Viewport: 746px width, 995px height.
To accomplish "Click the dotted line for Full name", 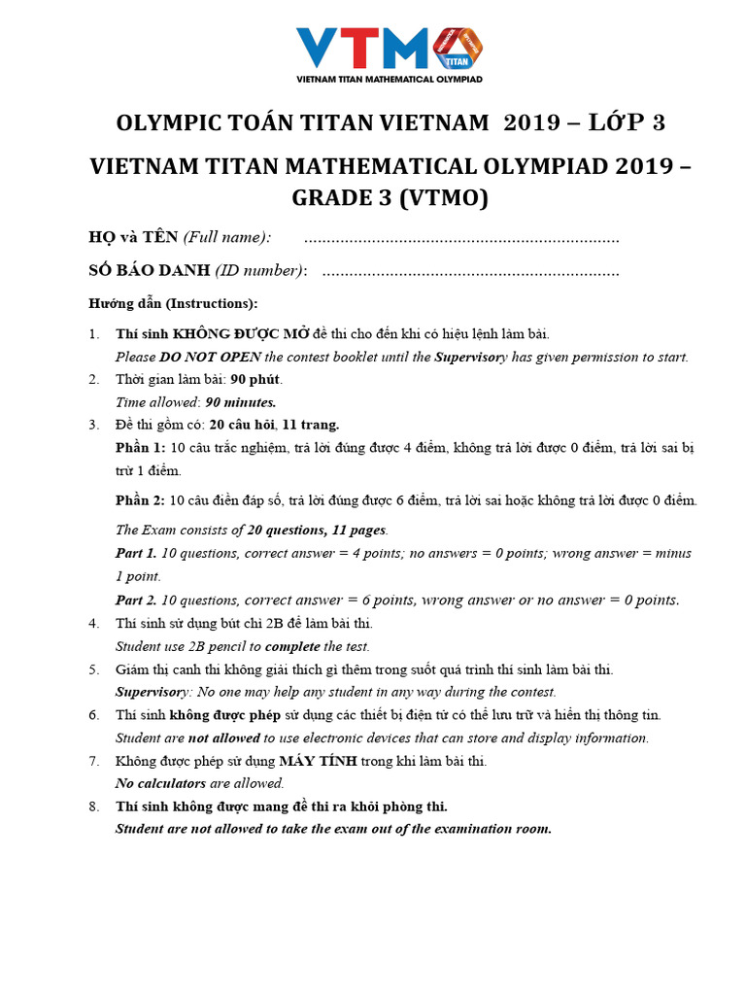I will pos(461,239).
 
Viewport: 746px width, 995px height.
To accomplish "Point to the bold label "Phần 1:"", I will pos(140,447).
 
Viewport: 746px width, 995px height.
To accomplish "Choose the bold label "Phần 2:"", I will pos(140,500).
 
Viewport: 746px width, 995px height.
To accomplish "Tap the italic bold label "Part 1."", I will pos(136,553).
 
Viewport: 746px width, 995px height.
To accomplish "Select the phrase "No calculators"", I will pos(160,783).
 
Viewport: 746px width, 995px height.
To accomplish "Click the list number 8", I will pos(93,806).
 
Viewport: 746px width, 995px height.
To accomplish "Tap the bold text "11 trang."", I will pos(311,425).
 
